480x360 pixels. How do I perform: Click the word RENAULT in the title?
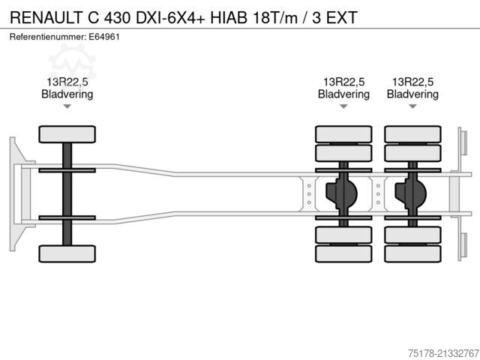click(46, 17)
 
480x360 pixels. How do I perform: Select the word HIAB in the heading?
click(228, 17)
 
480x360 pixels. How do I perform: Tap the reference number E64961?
click(104, 37)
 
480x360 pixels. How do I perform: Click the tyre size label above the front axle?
click(67, 82)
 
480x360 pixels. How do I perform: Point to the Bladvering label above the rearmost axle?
click(412, 94)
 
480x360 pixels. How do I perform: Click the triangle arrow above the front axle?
click(67, 106)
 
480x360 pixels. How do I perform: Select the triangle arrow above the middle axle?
click(343, 106)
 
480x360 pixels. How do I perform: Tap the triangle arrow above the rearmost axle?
click(412, 106)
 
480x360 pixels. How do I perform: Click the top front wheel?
click(67, 134)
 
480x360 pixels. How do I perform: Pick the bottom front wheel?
click(67, 253)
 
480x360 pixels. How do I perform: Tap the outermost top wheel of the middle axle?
click(343, 134)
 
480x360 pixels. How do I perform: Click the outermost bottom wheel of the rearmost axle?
click(412, 253)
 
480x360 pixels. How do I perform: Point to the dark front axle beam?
click(67, 194)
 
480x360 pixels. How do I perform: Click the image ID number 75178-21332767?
click(443, 353)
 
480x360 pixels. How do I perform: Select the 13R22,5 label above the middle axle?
click(343, 82)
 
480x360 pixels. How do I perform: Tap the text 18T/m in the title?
click(275, 17)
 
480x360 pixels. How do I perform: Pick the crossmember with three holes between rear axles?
click(378, 194)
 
